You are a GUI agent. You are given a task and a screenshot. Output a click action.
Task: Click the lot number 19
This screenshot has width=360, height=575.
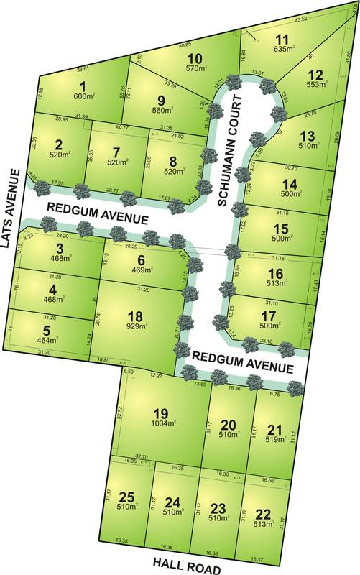coord(160,413)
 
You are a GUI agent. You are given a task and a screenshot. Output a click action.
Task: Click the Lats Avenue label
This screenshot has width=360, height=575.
coord(9,208)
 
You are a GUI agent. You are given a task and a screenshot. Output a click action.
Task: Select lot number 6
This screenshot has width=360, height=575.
coord(142,259)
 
